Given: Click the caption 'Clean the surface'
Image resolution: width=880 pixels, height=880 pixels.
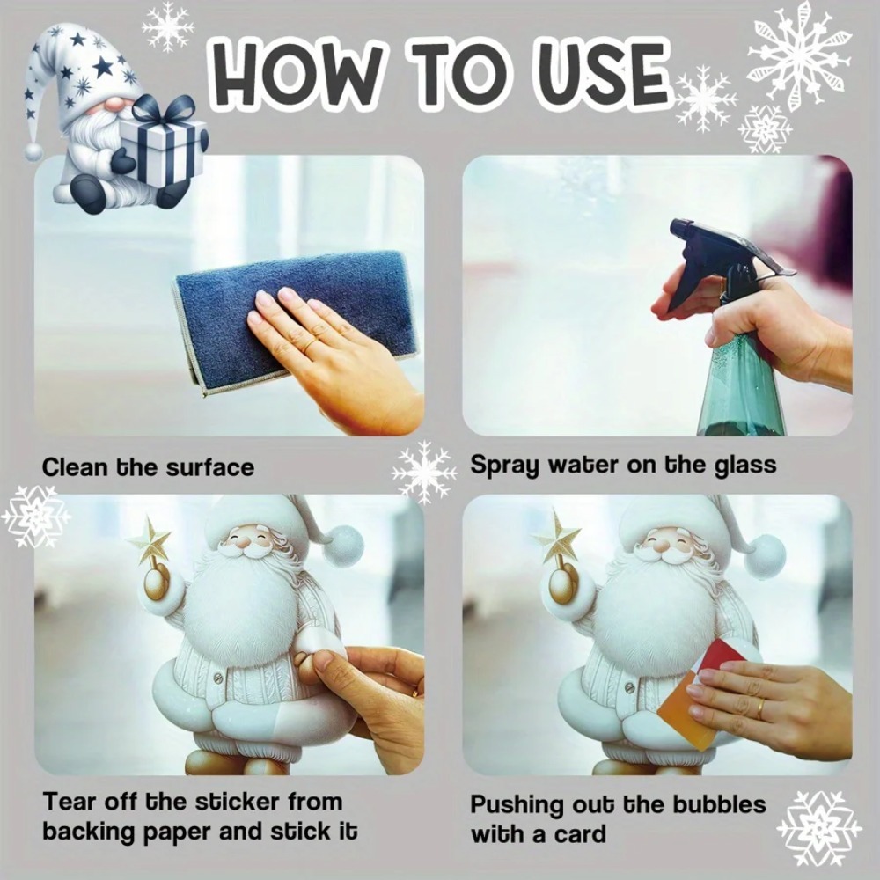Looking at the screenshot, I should click(x=148, y=466).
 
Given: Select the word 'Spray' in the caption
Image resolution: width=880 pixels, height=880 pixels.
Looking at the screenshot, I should click(x=505, y=466).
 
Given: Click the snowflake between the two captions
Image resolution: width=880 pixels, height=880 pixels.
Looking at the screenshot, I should click(x=423, y=473).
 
